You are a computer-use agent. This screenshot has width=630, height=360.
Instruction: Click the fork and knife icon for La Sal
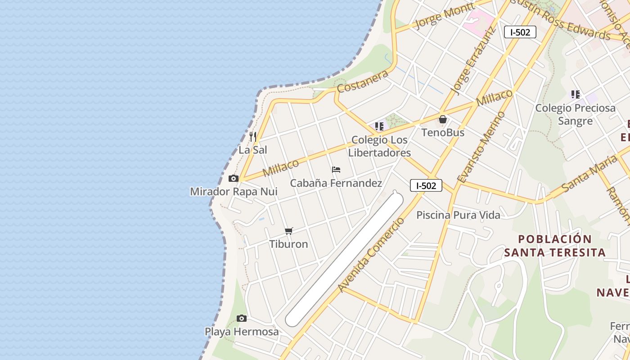tap(253, 137)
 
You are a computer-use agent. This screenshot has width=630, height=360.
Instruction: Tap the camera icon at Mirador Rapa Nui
tap(233, 179)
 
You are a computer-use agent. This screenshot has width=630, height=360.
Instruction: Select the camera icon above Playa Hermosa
tap(242, 319)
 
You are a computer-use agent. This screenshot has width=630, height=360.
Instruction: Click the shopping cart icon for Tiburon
tap(289, 231)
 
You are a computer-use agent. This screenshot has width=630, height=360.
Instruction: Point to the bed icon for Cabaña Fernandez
tap(336, 170)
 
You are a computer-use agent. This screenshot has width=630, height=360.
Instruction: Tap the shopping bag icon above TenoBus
tap(443, 120)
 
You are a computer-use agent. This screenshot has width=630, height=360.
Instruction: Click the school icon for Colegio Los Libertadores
tap(379, 126)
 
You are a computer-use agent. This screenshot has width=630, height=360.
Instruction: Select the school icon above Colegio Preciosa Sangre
tap(575, 94)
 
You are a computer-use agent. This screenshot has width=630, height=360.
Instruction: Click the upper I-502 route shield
tap(520, 32)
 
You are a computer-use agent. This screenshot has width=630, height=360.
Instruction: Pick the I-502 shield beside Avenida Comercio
tap(426, 185)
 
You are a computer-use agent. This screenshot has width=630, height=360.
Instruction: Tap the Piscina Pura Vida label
tap(458, 215)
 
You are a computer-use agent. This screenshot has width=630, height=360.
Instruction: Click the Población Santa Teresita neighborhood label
tap(554, 246)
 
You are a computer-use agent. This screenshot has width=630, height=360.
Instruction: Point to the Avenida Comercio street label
tap(372, 255)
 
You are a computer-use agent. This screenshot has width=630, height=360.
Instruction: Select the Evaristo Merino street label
tap(481, 147)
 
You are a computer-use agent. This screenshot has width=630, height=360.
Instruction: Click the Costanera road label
tap(363, 81)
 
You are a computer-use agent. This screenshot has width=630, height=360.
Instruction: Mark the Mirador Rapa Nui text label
tap(234, 192)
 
